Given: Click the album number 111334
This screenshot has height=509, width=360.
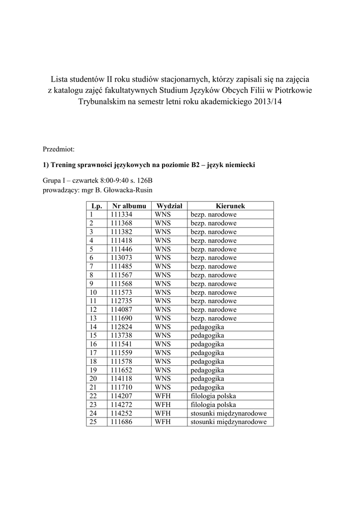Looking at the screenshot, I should pyautogui.click(x=121, y=214).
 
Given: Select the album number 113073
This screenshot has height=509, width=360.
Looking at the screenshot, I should pyautogui.click(x=121, y=257).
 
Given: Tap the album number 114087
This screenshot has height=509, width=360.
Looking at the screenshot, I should pyautogui.click(x=121, y=309).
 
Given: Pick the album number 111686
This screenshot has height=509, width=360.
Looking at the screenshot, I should pyautogui.click(x=121, y=422).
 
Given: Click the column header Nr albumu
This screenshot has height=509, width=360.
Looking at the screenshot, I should pyautogui.click(x=129, y=206).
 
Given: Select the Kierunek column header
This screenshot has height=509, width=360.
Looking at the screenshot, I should pyautogui.click(x=230, y=206).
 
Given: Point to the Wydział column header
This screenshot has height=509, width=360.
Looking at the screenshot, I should pyautogui.click(x=170, y=206).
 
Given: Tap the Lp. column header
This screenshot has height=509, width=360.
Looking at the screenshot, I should pyautogui.click(x=96, y=206).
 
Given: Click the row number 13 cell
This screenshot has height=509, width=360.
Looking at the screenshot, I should pyautogui.click(x=93, y=318).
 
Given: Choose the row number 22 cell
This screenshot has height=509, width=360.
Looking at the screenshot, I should pyautogui.click(x=93, y=396).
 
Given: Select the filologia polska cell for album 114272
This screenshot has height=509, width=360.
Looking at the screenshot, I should pyautogui.click(x=213, y=405).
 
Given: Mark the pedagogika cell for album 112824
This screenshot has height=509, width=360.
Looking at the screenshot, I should pyautogui.click(x=207, y=327).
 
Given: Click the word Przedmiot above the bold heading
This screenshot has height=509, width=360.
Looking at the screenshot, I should pyautogui.click(x=59, y=149).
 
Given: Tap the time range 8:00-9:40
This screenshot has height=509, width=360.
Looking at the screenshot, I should pyautogui.click(x=113, y=181).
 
